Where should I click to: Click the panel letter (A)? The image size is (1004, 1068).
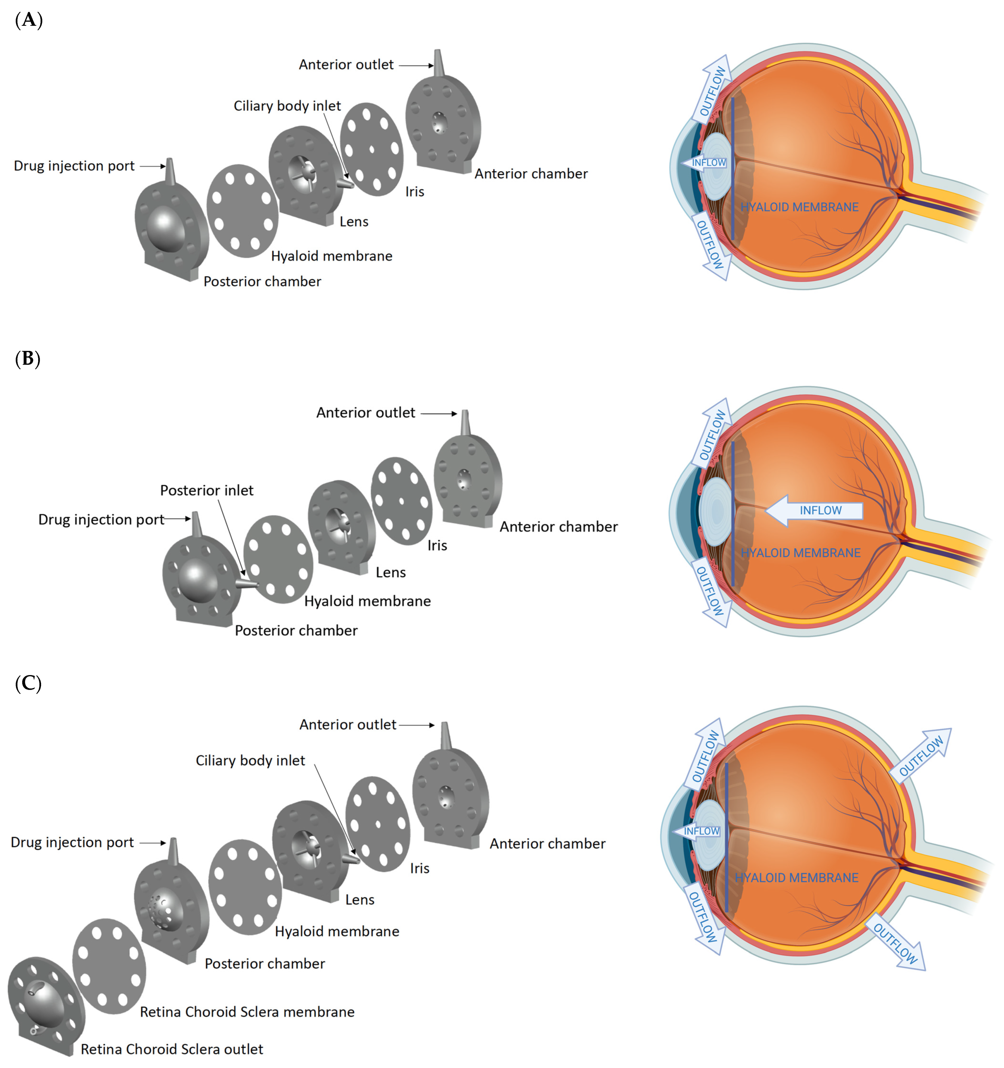[x=28, y=20]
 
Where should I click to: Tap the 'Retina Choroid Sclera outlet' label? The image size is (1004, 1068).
[x=172, y=1049]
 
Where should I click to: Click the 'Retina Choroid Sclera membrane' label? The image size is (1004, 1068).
[x=247, y=1012]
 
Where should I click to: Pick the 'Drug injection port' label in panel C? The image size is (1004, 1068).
[x=72, y=842]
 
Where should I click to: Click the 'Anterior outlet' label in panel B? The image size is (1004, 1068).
[x=365, y=413]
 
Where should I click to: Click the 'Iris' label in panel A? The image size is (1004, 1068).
[x=414, y=192]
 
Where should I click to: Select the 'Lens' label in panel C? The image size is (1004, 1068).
[x=359, y=900]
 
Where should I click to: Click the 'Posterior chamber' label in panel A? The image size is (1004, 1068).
[x=262, y=281]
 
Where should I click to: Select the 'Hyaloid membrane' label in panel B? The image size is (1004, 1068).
[x=367, y=601]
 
